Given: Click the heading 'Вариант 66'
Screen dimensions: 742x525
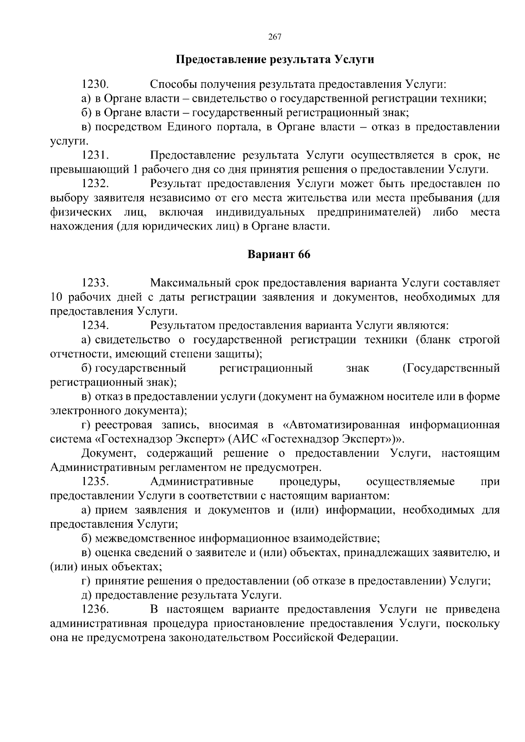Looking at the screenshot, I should click(279, 254).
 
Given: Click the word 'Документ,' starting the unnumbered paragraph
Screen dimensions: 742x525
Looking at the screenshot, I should click(109, 453).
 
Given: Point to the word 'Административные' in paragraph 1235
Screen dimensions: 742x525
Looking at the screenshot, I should click(202, 482).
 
